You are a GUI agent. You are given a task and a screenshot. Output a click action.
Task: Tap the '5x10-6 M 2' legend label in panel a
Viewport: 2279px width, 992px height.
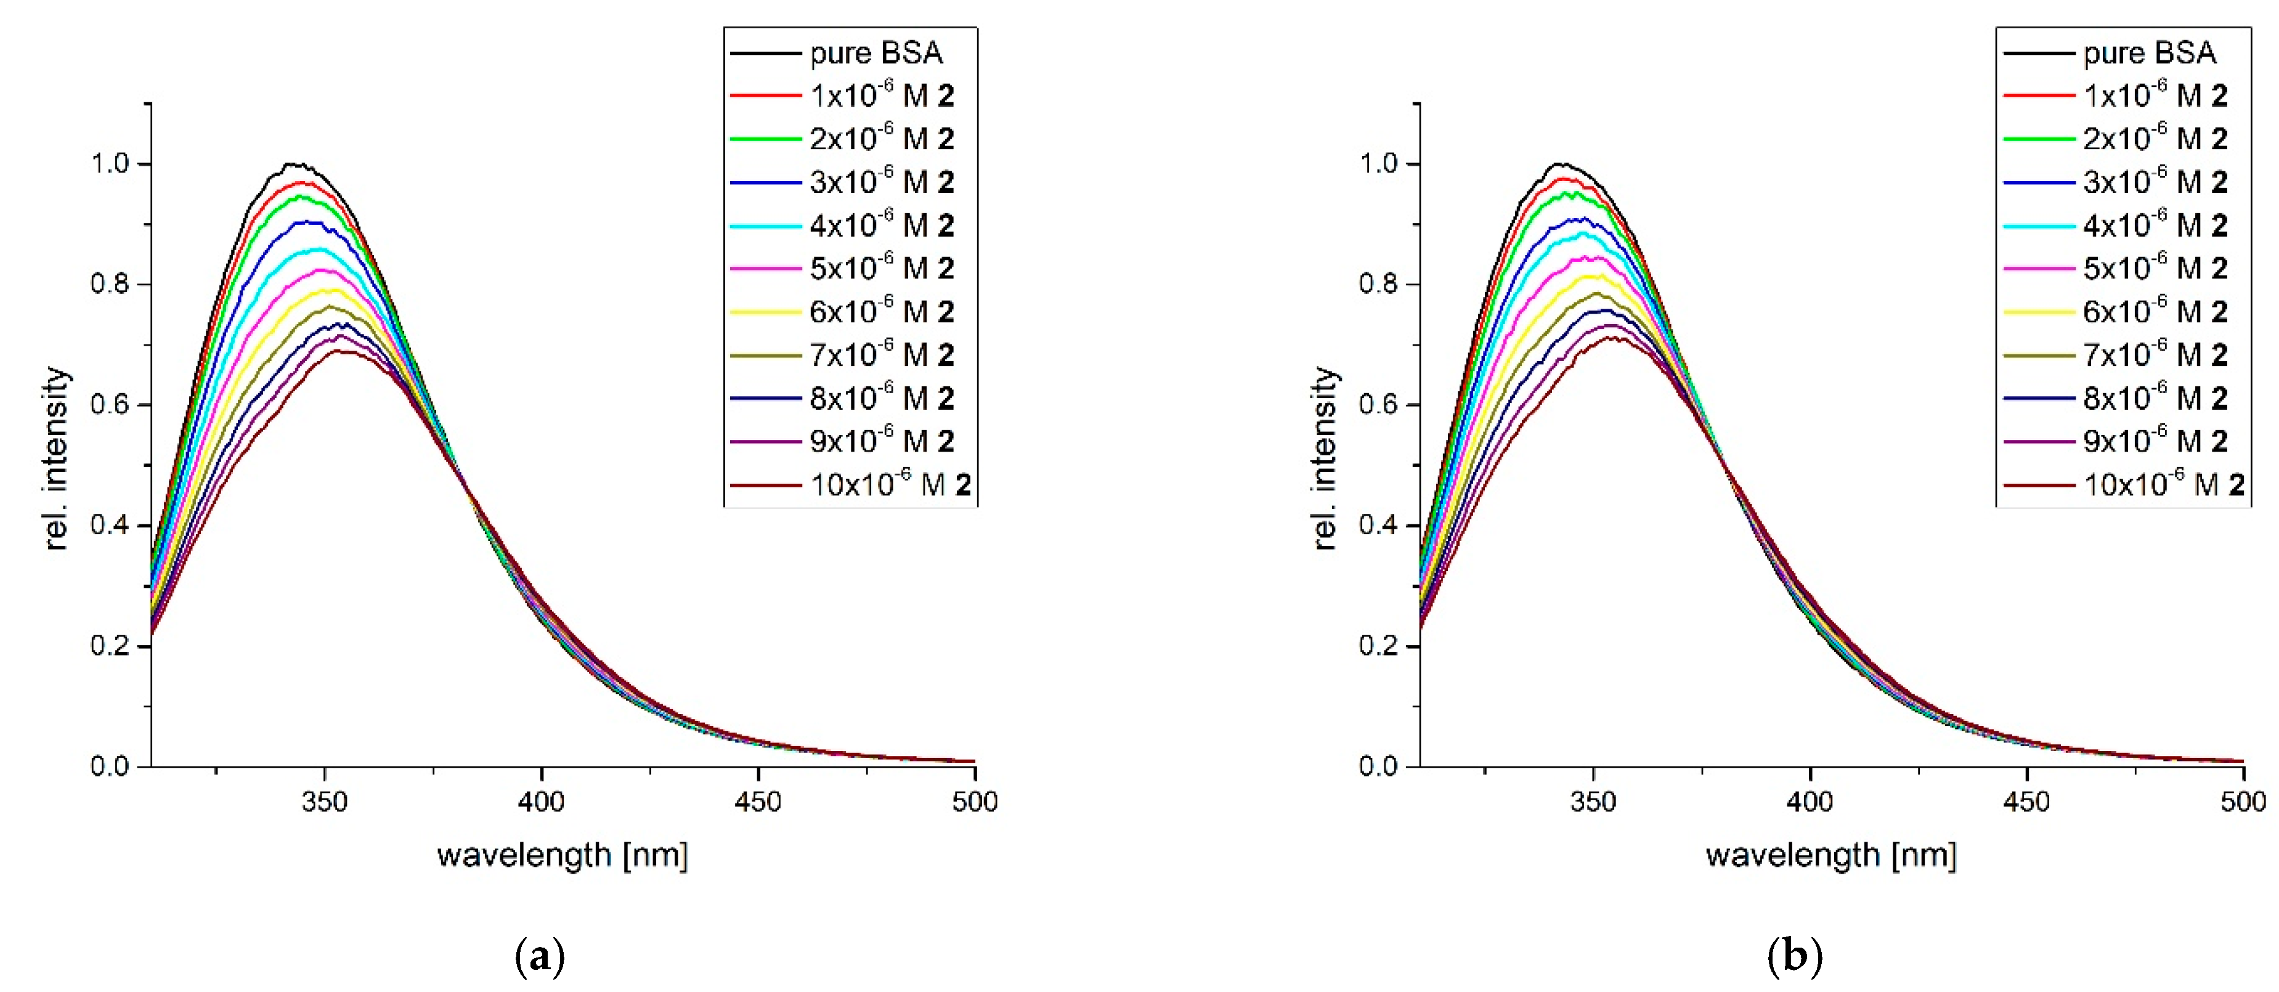pyautogui.click(x=881, y=268)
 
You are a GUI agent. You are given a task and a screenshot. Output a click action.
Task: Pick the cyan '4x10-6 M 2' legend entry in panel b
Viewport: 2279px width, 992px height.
pyautogui.click(x=2155, y=225)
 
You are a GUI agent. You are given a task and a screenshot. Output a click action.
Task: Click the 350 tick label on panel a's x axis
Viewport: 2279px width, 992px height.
pyautogui.click(x=324, y=802)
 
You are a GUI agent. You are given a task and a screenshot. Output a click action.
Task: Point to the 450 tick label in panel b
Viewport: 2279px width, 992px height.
pyautogui.click(x=2026, y=802)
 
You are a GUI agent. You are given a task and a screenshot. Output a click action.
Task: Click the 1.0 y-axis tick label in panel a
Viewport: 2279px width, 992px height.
pyautogui.click(x=110, y=164)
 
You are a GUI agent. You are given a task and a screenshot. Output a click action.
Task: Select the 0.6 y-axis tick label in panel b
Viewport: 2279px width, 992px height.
pyautogui.click(x=1378, y=404)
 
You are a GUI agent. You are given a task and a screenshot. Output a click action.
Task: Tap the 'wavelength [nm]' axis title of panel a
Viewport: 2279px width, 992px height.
pyautogui.click(x=562, y=855)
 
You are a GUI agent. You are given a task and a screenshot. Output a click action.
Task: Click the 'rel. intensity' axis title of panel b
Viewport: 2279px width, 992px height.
pyautogui.click(x=1325, y=458)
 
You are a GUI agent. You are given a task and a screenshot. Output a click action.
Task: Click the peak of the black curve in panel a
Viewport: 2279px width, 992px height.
pyautogui.click(x=296, y=165)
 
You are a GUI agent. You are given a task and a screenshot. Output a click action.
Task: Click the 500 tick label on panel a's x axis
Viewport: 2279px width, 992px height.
pyautogui.click(x=974, y=802)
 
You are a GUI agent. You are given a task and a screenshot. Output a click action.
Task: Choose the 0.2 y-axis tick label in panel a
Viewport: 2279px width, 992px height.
pyautogui.click(x=110, y=645)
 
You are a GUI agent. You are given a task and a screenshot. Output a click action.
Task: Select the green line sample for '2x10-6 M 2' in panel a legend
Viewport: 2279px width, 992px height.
pyautogui.click(x=765, y=139)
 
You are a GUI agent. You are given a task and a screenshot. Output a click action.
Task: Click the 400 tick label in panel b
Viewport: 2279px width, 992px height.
pyautogui.click(x=1810, y=802)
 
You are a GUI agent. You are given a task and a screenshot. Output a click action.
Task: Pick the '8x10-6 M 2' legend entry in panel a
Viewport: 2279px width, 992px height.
pyautogui.click(x=881, y=398)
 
